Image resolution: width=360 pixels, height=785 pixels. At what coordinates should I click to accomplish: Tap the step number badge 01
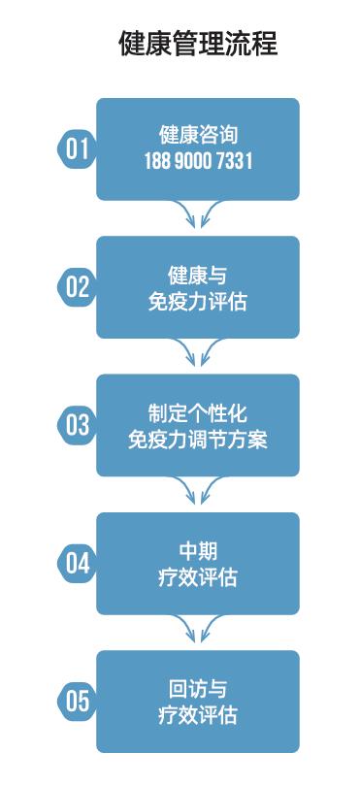click(x=77, y=148)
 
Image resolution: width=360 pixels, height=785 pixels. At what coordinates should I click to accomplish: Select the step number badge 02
click(x=77, y=287)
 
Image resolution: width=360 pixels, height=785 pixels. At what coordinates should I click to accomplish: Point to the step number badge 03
click(x=77, y=425)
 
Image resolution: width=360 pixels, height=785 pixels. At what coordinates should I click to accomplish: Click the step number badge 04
click(x=77, y=564)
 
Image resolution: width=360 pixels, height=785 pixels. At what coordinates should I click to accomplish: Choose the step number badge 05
click(x=77, y=702)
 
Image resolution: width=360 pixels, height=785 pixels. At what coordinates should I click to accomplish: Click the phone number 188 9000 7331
click(x=198, y=162)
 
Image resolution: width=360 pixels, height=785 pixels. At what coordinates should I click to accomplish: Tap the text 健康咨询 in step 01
click(x=198, y=135)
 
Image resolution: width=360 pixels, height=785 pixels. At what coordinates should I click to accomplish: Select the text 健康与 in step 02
click(x=198, y=274)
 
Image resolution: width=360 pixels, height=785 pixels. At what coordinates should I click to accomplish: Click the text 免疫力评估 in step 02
click(x=198, y=302)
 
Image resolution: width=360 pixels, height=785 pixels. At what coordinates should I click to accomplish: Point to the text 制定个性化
click(x=198, y=411)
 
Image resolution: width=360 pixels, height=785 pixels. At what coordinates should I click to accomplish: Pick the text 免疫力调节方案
click(x=198, y=440)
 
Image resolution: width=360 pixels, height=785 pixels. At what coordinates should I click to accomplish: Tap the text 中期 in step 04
click(x=198, y=550)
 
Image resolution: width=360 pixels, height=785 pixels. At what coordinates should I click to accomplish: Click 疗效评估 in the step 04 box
click(x=198, y=578)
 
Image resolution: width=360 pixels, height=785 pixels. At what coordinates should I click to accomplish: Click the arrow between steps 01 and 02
click(x=198, y=215)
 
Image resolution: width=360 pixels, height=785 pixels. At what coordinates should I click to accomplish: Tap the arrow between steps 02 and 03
click(x=198, y=353)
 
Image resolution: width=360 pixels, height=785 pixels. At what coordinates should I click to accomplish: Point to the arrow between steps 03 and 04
click(x=198, y=492)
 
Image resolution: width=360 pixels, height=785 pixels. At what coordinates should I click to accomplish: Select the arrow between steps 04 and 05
click(x=198, y=630)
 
